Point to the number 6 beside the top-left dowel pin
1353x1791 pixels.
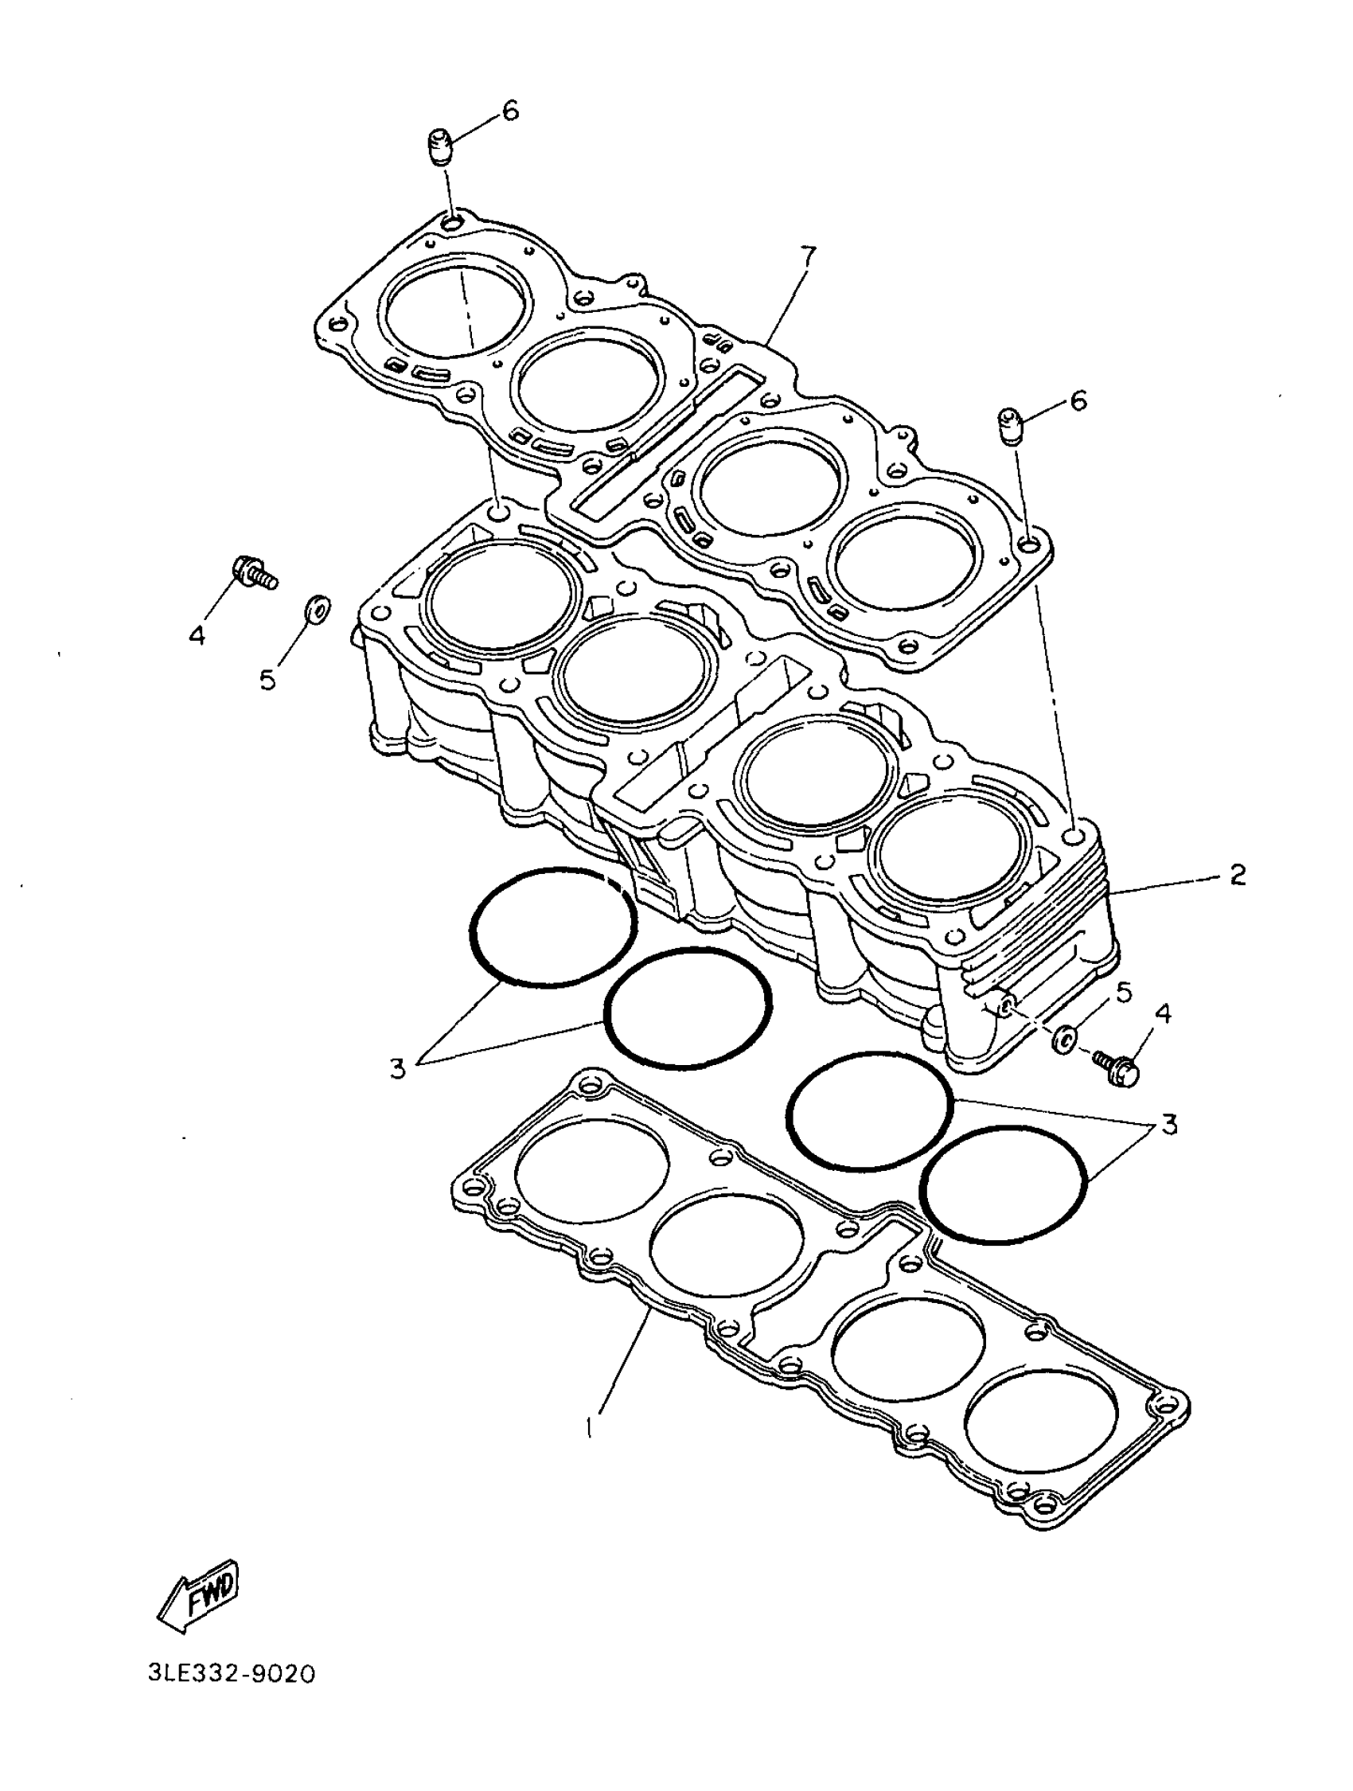(x=510, y=111)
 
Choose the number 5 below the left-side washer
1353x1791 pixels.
(x=268, y=677)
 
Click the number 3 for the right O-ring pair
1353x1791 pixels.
(x=1168, y=1124)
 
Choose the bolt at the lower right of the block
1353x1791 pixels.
(x=1116, y=1064)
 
